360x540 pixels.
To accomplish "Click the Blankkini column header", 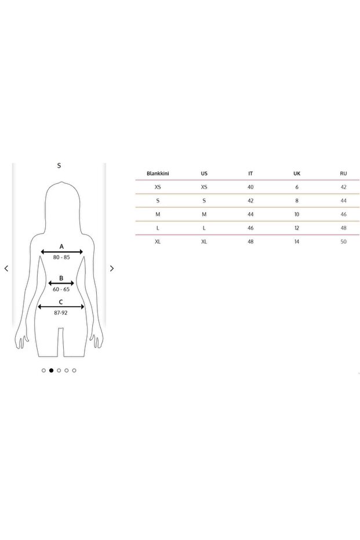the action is coord(158,173).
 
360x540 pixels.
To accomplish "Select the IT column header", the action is coord(250,173).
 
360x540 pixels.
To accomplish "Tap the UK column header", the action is coord(297,173).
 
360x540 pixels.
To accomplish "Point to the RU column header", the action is coord(343,173).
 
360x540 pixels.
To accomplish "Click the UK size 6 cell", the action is coord(297,187).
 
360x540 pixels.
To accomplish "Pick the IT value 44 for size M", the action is coord(250,214).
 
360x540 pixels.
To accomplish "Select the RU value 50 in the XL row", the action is coord(343,242).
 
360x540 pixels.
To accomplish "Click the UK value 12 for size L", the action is coord(297,228).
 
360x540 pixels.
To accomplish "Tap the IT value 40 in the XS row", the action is coord(250,187).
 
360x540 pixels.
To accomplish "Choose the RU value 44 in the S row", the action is coord(343,201).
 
